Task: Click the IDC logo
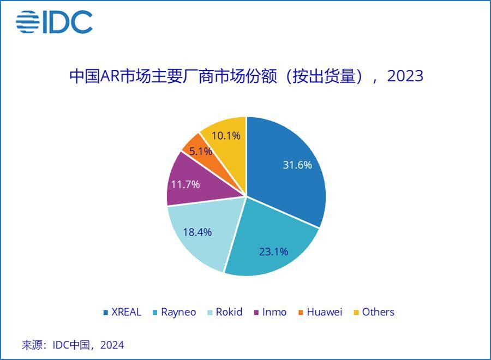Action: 54,22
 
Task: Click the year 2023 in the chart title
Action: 405,76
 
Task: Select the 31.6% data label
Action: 296,165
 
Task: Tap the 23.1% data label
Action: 273,251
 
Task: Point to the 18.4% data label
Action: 197,231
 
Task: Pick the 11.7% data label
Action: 185,184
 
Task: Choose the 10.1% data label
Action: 226,135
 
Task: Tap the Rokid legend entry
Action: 229,312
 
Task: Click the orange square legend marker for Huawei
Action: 300,313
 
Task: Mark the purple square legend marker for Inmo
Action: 255,313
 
